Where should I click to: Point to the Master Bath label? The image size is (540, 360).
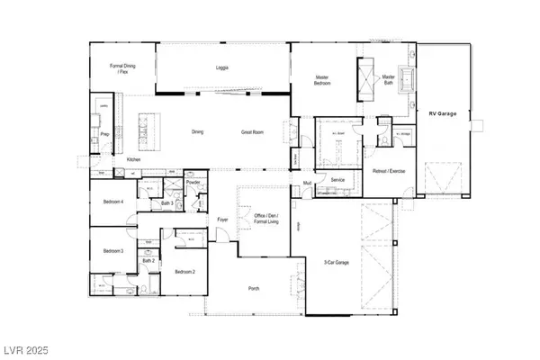click(389, 79)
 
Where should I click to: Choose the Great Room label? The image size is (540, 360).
click(251, 132)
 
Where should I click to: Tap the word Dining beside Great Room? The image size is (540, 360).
click(197, 132)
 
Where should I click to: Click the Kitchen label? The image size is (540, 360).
click(133, 159)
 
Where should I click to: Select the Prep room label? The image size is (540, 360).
click(104, 135)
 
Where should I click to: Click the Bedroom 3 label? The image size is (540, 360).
click(112, 250)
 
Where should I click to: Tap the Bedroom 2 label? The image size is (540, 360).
click(185, 271)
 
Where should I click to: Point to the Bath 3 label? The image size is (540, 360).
click(166, 203)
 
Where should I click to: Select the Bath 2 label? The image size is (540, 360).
click(147, 260)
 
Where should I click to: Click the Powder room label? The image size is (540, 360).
click(193, 183)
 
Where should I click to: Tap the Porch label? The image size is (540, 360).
click(256, 289)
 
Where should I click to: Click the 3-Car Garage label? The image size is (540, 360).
click(338, 262)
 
